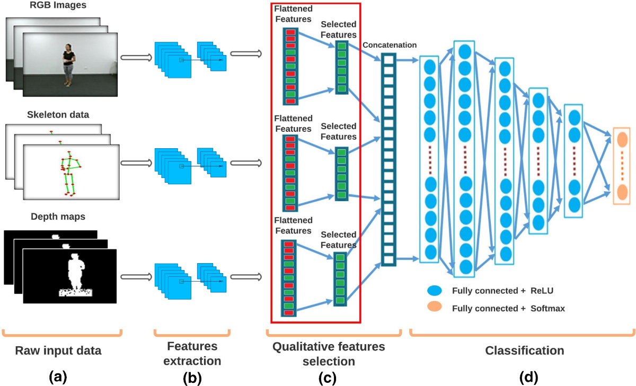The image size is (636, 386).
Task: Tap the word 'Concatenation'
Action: pos(390,45)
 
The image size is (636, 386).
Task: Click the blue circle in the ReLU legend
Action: pos(434,291)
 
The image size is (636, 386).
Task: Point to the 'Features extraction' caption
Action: pos(192,353)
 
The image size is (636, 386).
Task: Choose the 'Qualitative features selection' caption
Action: pos(329,353)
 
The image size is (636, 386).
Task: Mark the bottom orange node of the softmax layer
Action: pos(622,191)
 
